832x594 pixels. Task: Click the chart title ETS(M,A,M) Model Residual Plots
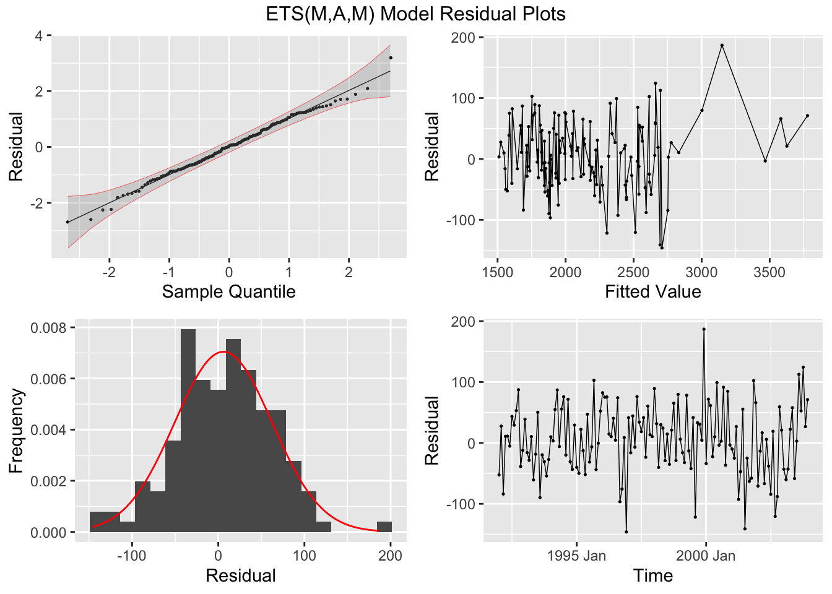pos(415,14)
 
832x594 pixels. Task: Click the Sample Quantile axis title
pos(228,291)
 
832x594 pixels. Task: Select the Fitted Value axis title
pos(652,291)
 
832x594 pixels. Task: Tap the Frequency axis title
pos(16,430)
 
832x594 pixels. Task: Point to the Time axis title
pos(652,575)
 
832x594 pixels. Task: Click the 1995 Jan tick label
pos(576,556)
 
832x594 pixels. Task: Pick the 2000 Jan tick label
pos(705,556)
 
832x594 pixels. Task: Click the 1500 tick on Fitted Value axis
pos(498,273)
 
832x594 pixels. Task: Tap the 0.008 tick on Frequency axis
pos(50,327)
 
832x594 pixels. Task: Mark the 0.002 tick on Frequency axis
pos(50,481)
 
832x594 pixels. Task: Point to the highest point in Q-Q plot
pos(391,58)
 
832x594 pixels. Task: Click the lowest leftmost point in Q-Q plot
pos(67,222)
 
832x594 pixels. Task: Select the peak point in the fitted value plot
pos(722,45)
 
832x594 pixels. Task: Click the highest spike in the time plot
pos(704,329)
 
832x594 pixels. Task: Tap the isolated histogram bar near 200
pos(384,527)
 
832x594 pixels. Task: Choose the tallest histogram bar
pos(188,430)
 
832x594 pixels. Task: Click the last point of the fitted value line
pos(807,116)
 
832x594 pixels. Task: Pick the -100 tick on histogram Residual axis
pos(131,556)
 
